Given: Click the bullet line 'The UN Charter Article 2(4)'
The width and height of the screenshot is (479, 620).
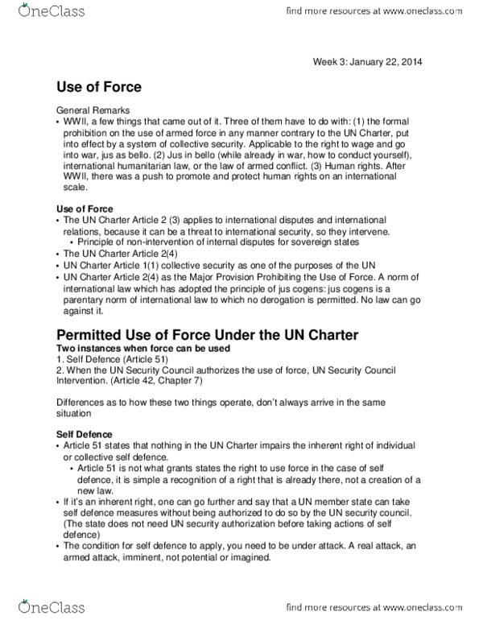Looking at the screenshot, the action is coord(118,252).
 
